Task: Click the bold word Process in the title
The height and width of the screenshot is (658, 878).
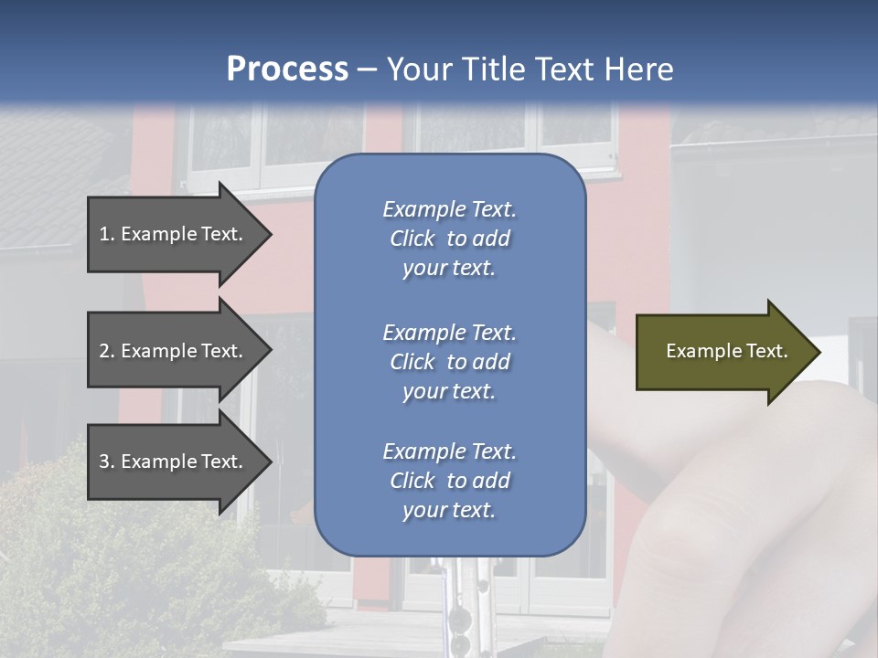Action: (287, 69)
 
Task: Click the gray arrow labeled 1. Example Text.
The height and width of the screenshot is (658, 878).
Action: (174, 234)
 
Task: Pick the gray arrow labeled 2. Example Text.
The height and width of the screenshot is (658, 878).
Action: (174, 351)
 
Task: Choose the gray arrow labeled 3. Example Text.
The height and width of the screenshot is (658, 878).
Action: (174, 462)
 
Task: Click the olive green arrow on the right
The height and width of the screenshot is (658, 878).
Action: (723, 351)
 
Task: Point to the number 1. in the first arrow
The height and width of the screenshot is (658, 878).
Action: (107, 234)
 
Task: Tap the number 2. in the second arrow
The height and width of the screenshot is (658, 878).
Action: (107, 351)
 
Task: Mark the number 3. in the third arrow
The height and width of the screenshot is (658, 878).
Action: (107, 462)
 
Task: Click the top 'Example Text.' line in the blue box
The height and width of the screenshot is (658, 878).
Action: (449, 209)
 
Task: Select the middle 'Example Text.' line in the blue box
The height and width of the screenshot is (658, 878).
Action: (449, 333)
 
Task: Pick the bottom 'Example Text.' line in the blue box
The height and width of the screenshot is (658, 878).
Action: (449, 451)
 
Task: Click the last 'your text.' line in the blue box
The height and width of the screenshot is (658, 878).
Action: (449, 511)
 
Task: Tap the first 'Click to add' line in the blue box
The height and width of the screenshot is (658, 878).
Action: (449, 239)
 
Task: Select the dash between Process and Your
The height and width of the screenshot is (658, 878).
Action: (367, 69)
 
